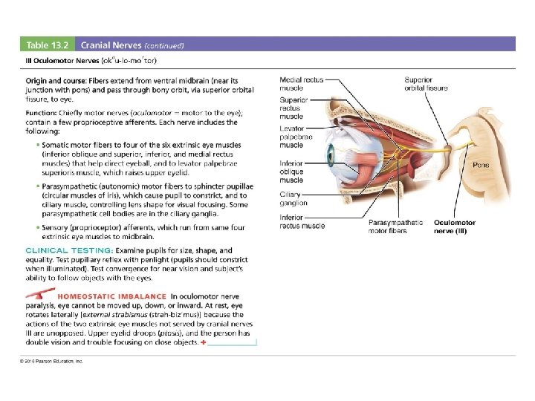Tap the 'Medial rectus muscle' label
302,83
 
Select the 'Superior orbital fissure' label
426,83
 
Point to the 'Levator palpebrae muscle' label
296,137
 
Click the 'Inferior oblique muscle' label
291,172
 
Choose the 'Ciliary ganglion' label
293,199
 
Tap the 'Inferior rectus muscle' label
302,221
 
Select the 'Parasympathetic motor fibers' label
395,226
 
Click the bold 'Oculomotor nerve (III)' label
455,226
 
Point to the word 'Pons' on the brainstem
481,165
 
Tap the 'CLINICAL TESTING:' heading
70,250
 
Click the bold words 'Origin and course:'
56,79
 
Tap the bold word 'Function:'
43,113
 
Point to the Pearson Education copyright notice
52,362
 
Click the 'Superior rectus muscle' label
293,108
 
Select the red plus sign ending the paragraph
204,342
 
